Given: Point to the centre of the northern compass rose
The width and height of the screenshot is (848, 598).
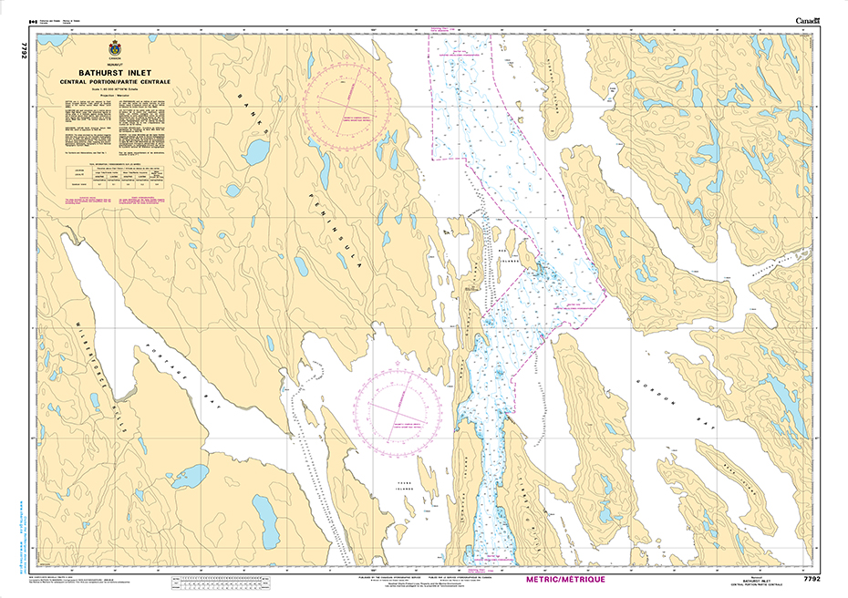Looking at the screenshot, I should coord(350,115).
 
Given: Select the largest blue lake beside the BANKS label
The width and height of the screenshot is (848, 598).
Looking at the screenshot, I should coord(255,149).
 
